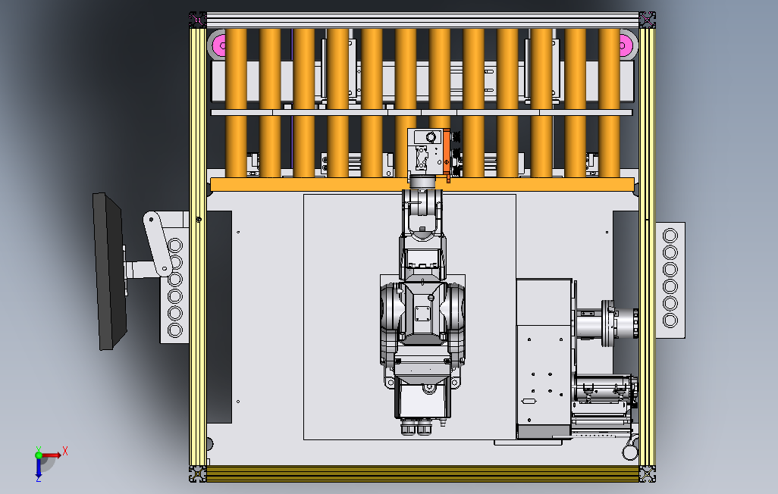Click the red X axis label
pyautogui.click(x=65, y=451)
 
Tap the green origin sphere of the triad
pyautogui.click(x=39, y=455)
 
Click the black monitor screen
pyautogui.click(x=109, y=272)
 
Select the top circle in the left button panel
pyautogui.click(x=175, y=245)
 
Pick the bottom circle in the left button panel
pyautogui.click(x=175, y=330)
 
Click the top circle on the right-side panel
pyautogui.click(x=670, y=235)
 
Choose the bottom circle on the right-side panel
pyautogui.click(x=670, y=320)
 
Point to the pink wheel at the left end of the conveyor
pyautogui.click(x=218, y=45)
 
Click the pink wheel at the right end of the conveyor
pyautogui.click(x=626, y=45)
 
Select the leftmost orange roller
pyautogui.click(x=236, y=103)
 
